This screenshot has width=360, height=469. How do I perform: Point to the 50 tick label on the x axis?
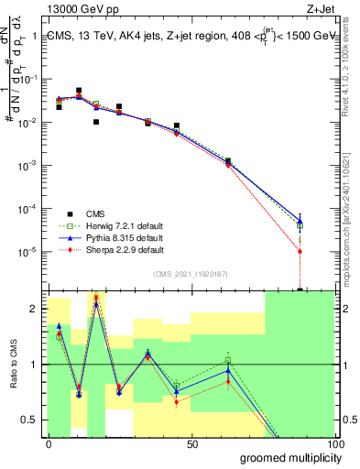192,443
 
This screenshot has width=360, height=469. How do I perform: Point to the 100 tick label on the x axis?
335,443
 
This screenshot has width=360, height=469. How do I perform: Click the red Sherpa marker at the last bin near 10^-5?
300,251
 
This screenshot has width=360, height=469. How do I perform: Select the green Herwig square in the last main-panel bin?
300,225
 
